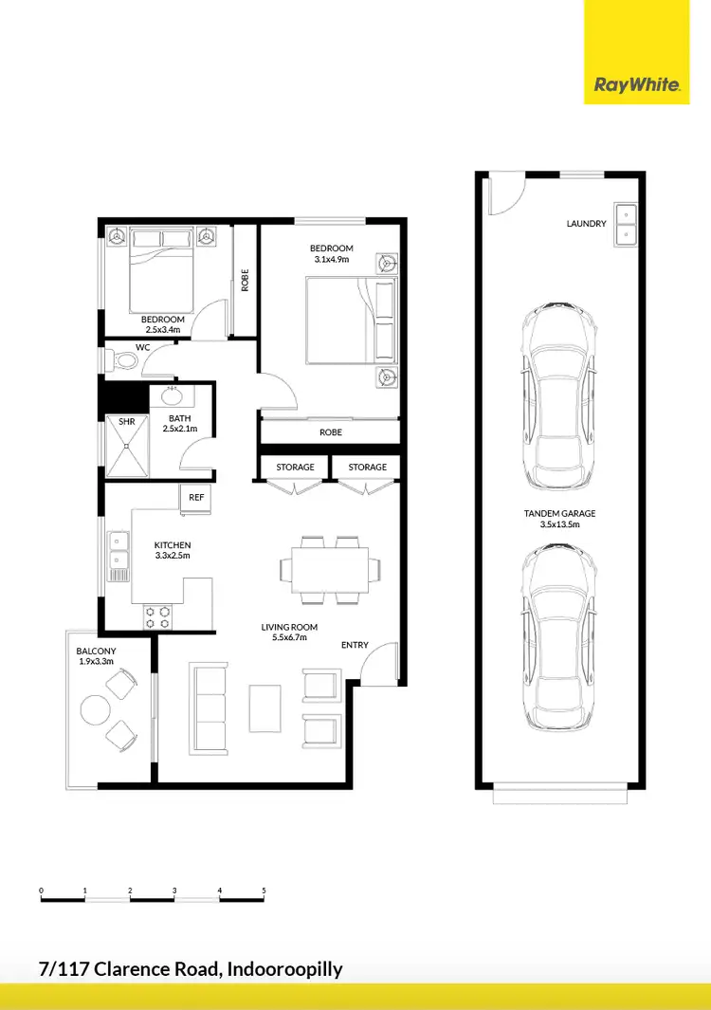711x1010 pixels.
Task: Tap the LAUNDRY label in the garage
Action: point(586,224)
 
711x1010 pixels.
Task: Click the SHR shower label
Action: point(126,421)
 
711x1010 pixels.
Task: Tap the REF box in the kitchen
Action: point(196,497)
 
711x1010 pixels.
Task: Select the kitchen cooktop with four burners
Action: point(157,617)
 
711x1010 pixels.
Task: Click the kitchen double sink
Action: point(118,556)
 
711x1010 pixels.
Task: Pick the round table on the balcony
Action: point(95,709)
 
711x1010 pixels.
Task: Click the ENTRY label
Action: point(355,645)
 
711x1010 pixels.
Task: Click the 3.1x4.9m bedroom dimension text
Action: point(332,260)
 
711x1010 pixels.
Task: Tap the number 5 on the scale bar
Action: point(264,891)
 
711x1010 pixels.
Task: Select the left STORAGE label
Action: point(295,468)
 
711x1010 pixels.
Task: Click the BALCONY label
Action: point(96,651)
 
